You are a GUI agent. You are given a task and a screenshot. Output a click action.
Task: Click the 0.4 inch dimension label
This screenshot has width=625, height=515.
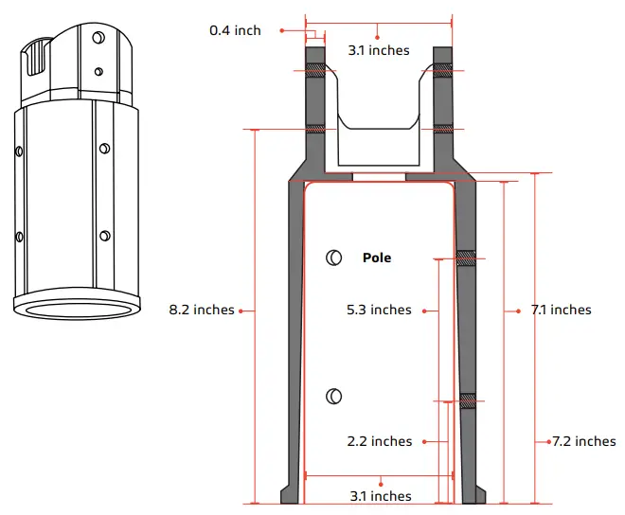coord(235,30)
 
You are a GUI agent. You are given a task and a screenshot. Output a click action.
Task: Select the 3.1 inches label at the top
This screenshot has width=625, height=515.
coord(377,49)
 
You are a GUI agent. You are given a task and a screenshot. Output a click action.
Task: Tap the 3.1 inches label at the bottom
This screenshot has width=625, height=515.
coord(380,496)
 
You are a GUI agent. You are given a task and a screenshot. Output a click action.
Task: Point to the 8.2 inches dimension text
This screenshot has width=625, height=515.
coord(201,310)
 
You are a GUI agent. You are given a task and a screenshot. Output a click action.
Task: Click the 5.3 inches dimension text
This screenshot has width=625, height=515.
coord(379,310)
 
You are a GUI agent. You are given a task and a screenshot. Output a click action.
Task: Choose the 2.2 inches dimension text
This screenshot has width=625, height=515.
coord(380,441)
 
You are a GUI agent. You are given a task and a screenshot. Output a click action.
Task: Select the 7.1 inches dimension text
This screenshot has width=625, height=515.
coord(560,310)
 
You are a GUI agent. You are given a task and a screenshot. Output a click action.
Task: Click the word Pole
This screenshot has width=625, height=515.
coord(376,257)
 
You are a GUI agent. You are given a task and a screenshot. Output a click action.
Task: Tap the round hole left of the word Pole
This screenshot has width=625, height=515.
coord(333,257)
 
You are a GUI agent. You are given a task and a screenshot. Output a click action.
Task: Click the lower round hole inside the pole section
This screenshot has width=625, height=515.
coord(333,397)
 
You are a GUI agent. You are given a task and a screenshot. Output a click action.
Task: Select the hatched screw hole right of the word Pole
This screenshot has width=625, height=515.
coord(466,258)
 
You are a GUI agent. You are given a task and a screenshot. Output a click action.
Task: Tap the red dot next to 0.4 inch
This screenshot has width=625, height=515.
coord(282,30)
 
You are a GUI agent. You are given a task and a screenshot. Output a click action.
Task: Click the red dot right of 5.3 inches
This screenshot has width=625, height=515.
coord(425,310)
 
